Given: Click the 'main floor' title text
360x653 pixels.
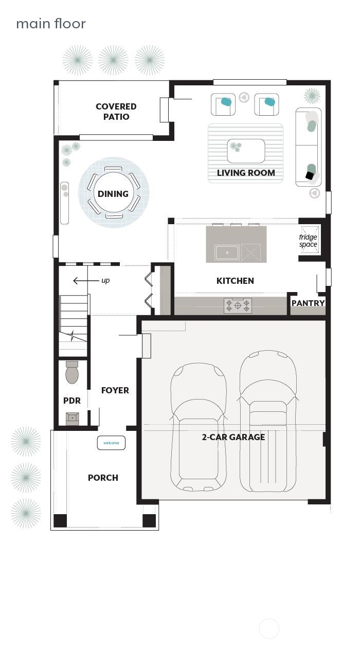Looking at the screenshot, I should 50,24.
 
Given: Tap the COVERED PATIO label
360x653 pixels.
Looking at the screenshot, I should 116,112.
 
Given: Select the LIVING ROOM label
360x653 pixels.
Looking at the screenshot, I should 245,173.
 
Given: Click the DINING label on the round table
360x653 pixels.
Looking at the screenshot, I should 113,194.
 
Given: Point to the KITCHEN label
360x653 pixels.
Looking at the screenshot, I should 235,281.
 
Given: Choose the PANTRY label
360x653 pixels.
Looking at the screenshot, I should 308,303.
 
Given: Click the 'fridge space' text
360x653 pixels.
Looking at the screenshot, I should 308,241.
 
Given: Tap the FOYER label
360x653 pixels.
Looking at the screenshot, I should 115,390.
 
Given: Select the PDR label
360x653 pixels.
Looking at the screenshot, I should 72,401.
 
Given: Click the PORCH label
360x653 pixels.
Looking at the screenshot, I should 103,478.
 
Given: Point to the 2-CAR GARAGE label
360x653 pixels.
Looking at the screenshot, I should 233,437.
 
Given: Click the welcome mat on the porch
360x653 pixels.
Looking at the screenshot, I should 111,443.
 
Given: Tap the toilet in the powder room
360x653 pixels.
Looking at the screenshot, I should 72,373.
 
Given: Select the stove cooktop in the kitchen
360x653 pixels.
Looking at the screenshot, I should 238,305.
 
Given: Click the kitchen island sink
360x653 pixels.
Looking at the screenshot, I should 227,252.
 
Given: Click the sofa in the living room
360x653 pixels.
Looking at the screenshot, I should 309,147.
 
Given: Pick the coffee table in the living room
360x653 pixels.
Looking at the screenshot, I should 246,150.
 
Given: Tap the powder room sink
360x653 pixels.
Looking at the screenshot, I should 73,418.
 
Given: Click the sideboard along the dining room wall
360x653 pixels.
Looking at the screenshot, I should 64,203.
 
